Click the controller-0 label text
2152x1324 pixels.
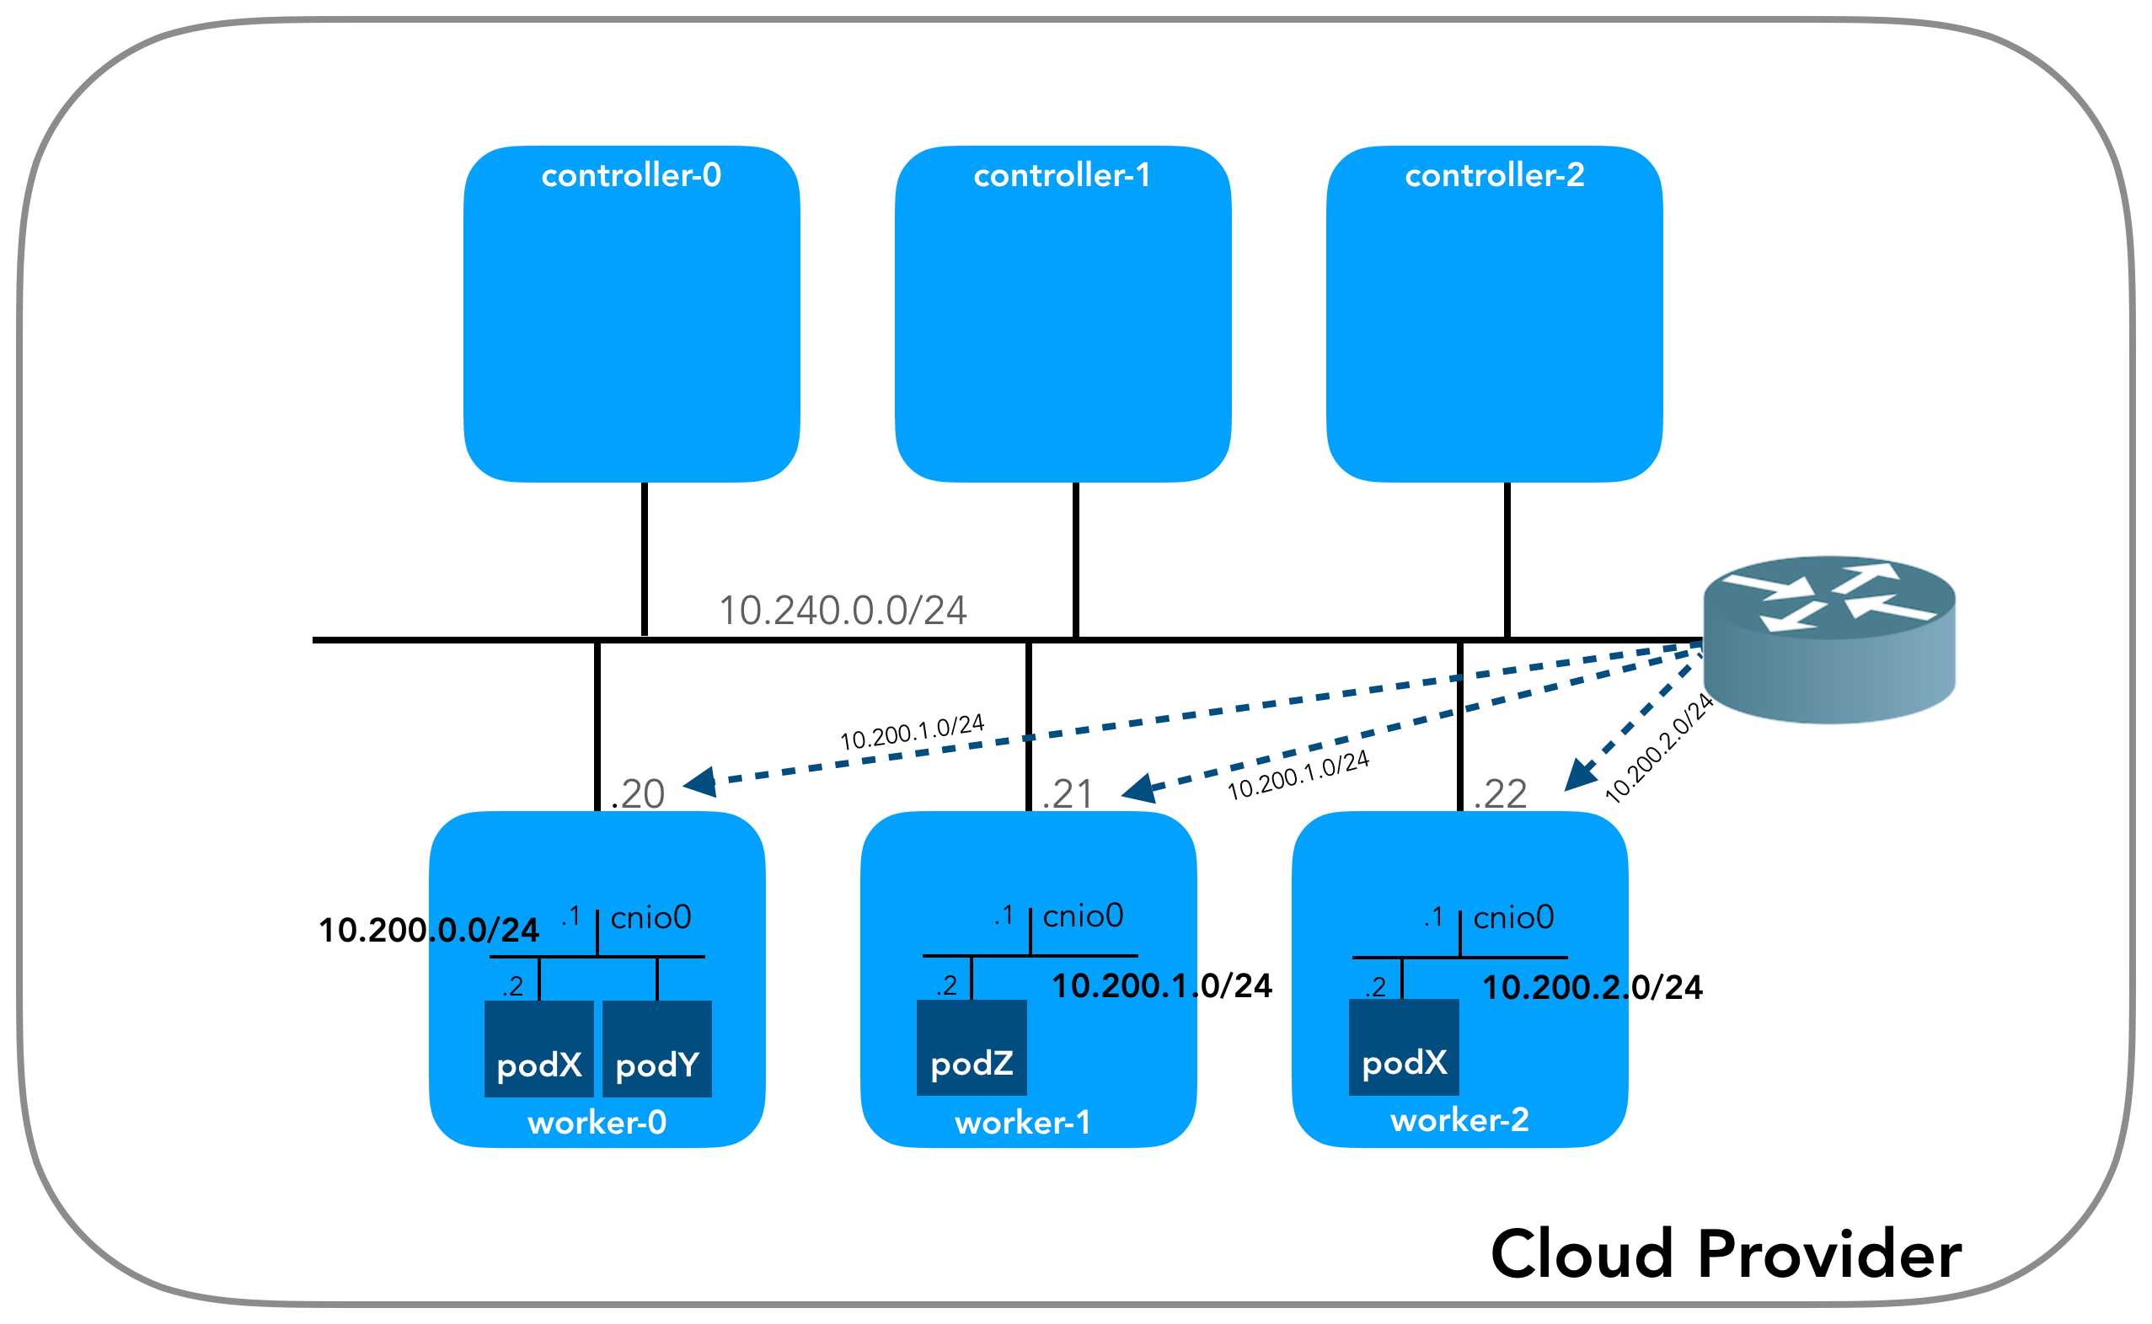point(630,175)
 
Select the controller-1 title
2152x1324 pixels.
point(1062,175)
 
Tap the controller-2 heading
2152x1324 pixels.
point(1494,175)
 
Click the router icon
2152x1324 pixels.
point(1828,639)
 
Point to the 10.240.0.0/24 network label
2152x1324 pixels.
point(843,611)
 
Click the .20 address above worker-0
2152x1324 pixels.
point(638,793)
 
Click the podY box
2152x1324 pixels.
point(657,1048)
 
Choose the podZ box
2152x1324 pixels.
point(972,1047)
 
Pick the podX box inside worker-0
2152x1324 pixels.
point(538,1048)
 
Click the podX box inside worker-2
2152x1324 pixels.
point(1403,1046)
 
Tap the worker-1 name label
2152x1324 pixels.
point(1023,1122)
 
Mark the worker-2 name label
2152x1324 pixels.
point(1459,1119)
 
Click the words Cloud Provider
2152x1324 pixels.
point(1726,1254)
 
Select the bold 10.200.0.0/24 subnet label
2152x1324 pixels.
point(428,930)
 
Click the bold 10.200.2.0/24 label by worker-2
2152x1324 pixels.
point(1593,987)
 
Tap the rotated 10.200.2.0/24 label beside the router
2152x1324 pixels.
point(1658,748)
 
